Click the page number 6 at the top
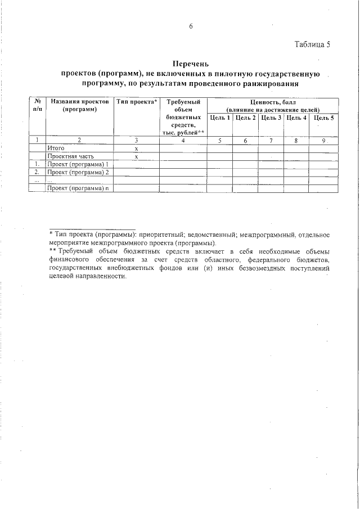point(191,27)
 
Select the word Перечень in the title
point(191,65)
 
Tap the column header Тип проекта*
point(137,102)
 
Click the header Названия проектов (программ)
point(79,105)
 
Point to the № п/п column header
point(37,105)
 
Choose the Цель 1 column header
point(220,118)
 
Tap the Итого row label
point(57,147)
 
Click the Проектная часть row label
point(70,156)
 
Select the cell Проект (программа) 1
point(78,164)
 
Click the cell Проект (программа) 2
point(78,172)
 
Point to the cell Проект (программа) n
point(78,188)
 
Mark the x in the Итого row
point(137,147)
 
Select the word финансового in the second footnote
point(69,260)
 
